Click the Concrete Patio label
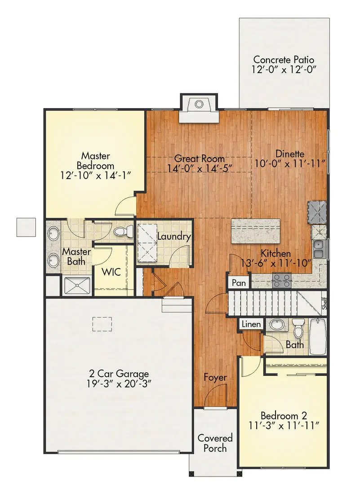283,60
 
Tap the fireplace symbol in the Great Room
199,105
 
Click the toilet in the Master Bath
122,232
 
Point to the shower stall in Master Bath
77,285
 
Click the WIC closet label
110,272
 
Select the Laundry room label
174,237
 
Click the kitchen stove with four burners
282,281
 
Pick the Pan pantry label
239,283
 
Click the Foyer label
215,377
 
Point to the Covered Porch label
215,443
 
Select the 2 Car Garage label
119,374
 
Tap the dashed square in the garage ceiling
102,324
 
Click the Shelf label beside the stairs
324,302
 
